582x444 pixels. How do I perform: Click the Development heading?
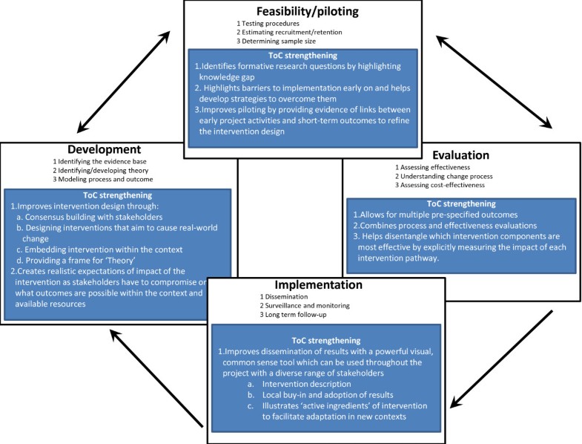pyautogui.click(x=105, y=149)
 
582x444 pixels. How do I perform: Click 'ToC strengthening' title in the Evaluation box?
pyautogui.click(x=462, y=203)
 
